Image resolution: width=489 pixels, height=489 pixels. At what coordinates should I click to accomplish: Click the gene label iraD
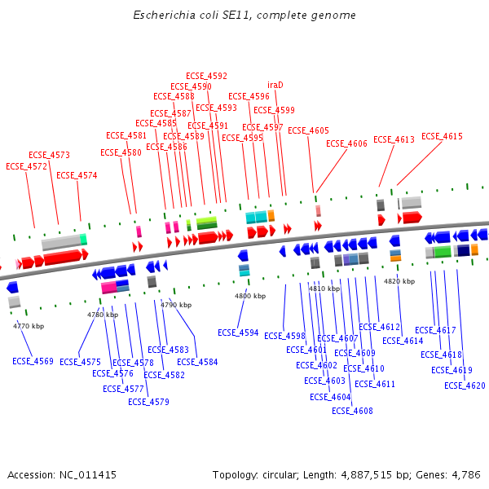click(275, 85)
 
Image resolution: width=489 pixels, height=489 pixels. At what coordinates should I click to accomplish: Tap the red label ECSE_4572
click(27, 166)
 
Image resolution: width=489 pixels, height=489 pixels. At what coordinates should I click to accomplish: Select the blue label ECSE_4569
click(33, 361)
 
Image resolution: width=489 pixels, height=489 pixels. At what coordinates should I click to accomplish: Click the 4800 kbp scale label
click(249, 296)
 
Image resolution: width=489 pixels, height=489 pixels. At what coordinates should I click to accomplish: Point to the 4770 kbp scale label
click(29, 326)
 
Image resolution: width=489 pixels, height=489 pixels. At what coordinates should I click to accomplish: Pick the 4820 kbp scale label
click(399, 281)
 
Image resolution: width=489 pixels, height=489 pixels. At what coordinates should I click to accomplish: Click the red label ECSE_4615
click(442, 137)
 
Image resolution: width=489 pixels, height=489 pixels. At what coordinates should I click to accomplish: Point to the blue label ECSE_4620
click(465, 385)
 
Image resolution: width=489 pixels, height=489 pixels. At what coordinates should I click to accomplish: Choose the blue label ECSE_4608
click(352, 411)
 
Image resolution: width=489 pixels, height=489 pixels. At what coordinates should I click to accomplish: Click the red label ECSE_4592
click(206, 77)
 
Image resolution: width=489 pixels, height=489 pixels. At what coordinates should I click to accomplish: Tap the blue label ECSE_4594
click(238, 333)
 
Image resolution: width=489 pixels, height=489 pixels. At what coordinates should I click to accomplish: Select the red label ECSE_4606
click(346, 143)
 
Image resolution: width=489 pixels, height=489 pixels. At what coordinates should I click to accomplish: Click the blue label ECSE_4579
click(148, 402)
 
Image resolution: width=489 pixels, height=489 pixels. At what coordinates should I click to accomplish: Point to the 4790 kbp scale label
click(176, 305)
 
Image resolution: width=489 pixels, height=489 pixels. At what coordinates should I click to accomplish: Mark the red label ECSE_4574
click(77, 176)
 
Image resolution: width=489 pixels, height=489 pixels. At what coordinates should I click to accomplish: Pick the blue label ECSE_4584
click(197, 362)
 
